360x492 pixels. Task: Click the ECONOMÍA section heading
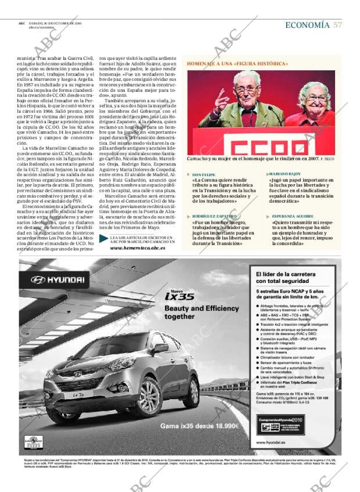pos(307,25)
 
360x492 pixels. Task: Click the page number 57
pos(337,25)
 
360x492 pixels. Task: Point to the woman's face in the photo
pos(318,99)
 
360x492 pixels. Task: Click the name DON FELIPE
pos(204,174)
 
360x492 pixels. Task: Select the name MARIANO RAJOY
pos(285,174)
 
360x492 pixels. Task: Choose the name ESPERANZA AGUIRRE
pos(289,216)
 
